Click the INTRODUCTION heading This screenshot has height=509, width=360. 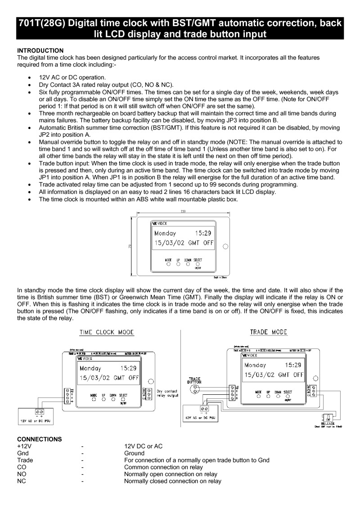coord(40,50)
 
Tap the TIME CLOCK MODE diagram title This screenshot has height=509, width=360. coord(107,332)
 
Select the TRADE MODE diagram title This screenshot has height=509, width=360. coord(269,332)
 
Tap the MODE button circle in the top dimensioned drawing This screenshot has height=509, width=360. coord(168,264)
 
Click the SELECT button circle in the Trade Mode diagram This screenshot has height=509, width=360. coord(288,396)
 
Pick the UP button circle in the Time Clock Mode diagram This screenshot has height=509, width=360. coord(103,398)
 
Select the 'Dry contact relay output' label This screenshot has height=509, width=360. coord(167,393)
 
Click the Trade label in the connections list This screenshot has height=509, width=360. coord(25,460)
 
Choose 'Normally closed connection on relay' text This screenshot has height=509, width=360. coord(173,481)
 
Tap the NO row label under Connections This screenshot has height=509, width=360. coord(21,474)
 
